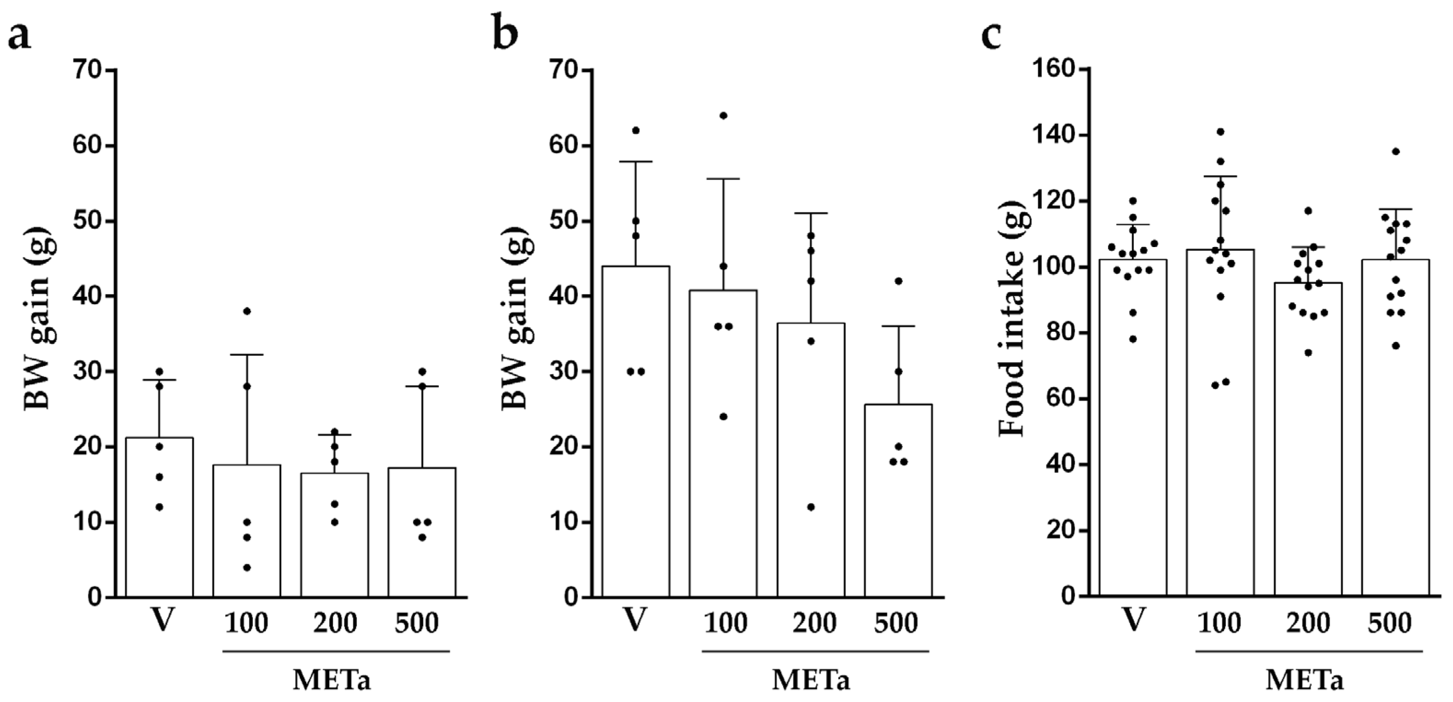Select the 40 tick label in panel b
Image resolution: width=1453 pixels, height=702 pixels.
click(565, 296)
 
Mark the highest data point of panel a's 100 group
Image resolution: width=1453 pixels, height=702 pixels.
click(246, 311)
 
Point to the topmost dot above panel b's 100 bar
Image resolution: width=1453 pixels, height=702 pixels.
click(723, 116)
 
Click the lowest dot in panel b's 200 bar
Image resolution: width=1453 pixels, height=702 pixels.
click(811, 507)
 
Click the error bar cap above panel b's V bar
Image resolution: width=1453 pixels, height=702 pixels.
click(636, 162)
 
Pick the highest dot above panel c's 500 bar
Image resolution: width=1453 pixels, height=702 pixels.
click(1396, 151)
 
